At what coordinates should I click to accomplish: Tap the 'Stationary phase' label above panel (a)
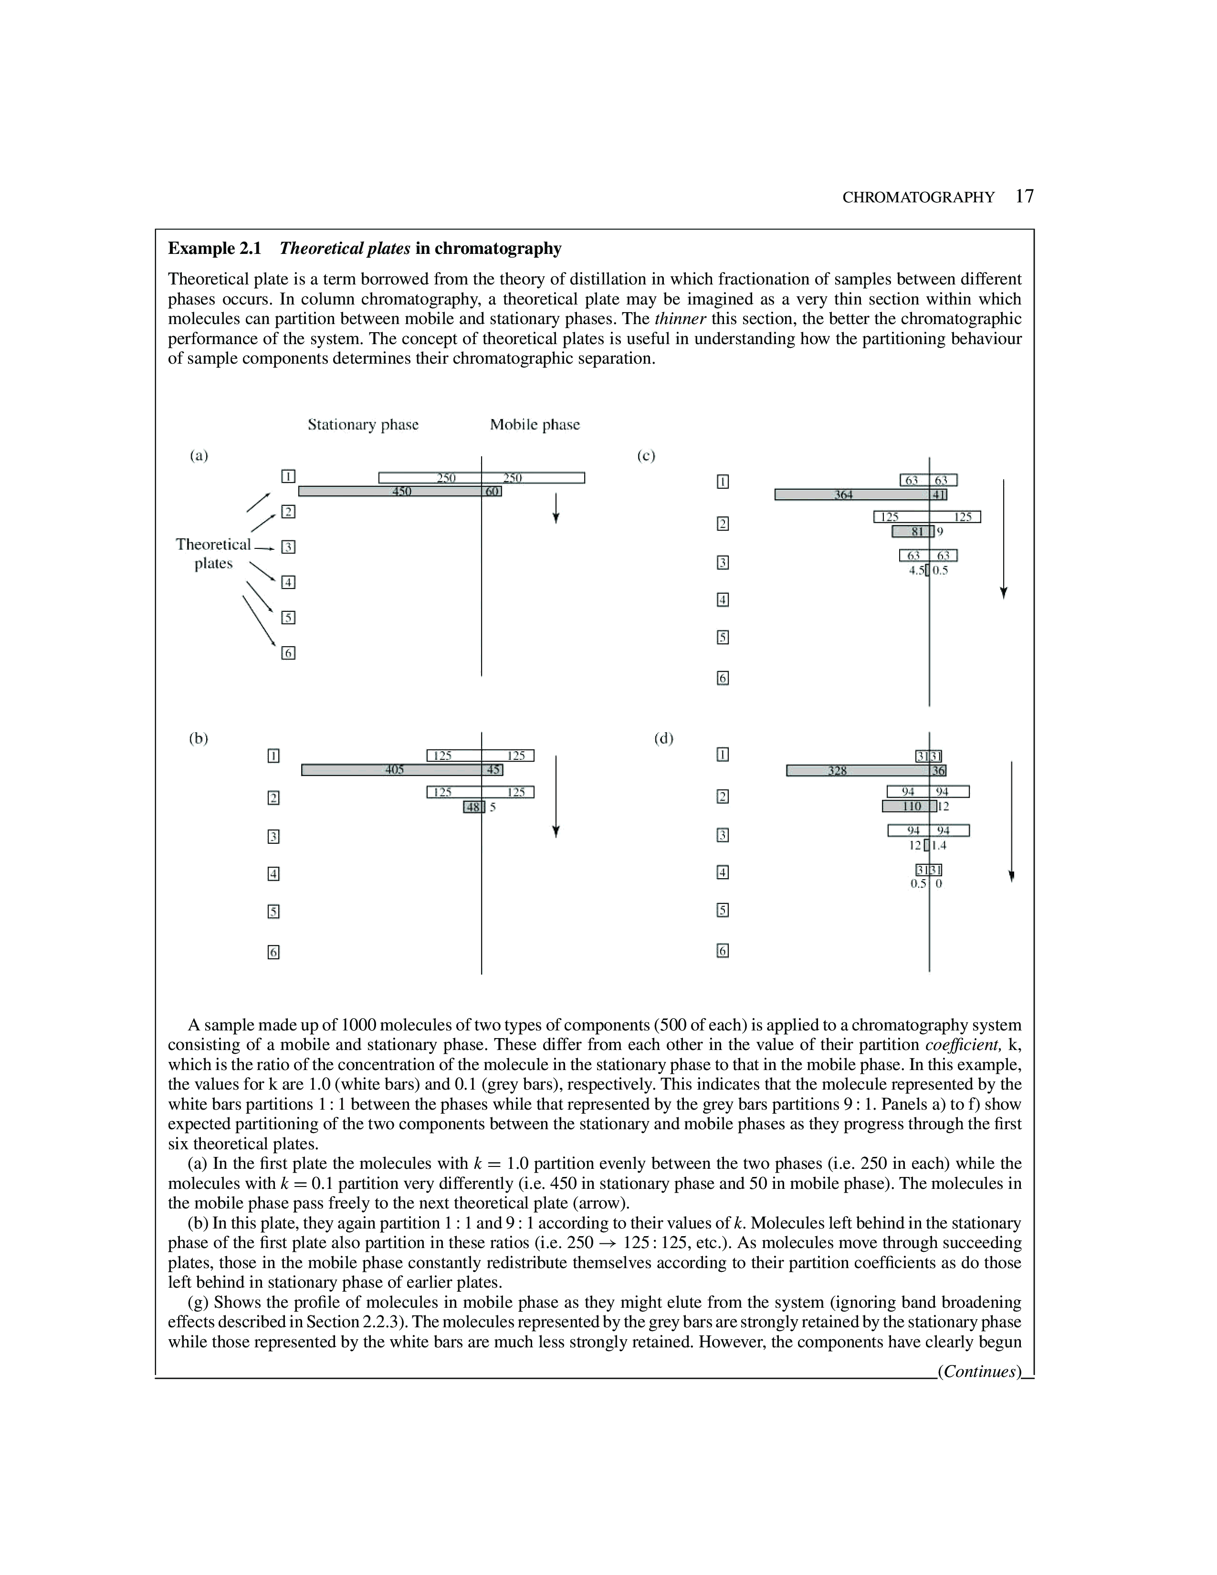point(363,425)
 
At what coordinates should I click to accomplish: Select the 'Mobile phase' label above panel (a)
point(534,425)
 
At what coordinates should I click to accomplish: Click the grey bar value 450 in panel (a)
point(401,491)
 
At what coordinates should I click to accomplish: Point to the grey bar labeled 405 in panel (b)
point(394,769)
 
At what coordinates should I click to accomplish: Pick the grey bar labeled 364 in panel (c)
point(843,495)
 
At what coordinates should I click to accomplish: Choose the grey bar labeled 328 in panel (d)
point(837,771)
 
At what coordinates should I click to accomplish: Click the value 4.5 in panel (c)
point(916,570)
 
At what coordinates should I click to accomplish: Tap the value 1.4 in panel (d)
point(939,846)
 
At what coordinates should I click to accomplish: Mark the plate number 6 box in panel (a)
point(288,652)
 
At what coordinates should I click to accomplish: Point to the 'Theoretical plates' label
point(213,554)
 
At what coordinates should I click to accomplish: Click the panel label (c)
point(646,456)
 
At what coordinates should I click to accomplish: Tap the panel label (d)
point(663,738)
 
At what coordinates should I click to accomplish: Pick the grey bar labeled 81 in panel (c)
point(913,532)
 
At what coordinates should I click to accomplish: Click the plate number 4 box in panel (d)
point(723,872)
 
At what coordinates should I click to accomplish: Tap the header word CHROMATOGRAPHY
point(918,198)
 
